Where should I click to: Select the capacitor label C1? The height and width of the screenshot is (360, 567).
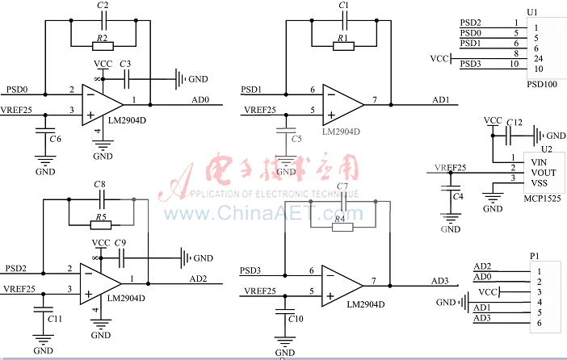[x=344, y=6]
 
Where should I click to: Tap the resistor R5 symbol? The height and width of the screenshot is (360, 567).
[x=100, y=225]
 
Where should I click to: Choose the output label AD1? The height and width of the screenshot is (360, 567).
[x=441, y=99]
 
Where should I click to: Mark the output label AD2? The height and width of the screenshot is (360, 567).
[x=199, y=278]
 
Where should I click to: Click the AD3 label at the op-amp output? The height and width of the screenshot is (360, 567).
[x=440, y=280]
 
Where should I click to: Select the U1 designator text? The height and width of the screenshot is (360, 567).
[x=531, y=12]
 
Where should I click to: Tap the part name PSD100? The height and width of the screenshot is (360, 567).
[x=540, y=82]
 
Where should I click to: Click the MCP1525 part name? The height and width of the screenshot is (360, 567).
[x=544, y=197]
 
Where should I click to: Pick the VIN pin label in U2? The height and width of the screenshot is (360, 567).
[x=538, y=161]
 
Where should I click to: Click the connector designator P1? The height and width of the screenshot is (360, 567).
[x=534, y=256]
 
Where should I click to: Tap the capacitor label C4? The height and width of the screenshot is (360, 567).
[x=458, y=196]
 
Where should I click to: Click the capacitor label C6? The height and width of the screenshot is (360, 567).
[x=54, y=139]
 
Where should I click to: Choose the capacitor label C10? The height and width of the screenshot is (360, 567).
[x=296, y=320]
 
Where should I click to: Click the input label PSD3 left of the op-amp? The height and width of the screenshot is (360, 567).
[x=251, y=269]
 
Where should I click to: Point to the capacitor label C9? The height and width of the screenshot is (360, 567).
[x=120, y=242]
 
